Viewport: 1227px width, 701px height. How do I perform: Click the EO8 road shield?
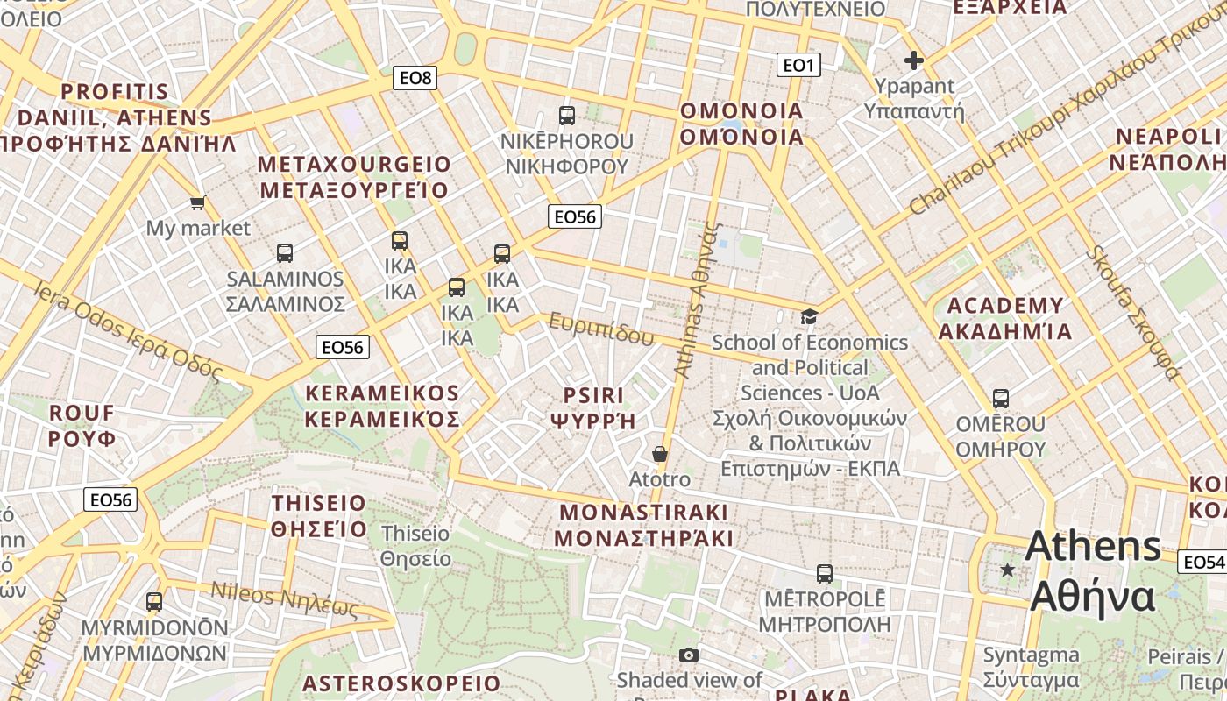click(x=415, y=78)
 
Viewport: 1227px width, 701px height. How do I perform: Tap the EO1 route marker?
click(x=798, y=64)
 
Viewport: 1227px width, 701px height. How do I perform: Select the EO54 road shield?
click(x=1202, y=562)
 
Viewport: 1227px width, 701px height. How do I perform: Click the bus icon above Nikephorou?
click(x=567, y=115)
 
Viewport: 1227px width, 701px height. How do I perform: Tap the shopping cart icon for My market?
click(x=198, y=203)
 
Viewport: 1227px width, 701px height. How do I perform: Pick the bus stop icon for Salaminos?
click(x=285, y=253)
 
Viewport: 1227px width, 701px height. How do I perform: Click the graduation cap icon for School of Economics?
click(x=809, y=316)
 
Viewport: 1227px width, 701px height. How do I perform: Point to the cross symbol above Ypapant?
click(x=914, y=60)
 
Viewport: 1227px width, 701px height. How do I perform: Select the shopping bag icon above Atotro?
click(x=660, y=454)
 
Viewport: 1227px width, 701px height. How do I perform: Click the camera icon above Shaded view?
click(x=689, y=655)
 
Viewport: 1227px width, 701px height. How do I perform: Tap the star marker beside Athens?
click(x=1008, y=570)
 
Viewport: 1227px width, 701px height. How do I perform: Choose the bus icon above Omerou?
click(x=1001, y=399)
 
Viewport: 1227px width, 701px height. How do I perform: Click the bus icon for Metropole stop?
click(x=825, y=574)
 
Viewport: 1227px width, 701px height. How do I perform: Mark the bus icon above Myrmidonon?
click(x=154, y=602)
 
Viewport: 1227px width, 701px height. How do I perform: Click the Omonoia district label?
click(x=741, y=124)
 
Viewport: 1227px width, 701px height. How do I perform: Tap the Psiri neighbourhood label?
click(x=593, y=408)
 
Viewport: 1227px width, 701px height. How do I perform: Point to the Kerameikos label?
click(x=382, y=406)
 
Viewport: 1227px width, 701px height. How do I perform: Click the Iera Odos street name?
click(x=127, y=330)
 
